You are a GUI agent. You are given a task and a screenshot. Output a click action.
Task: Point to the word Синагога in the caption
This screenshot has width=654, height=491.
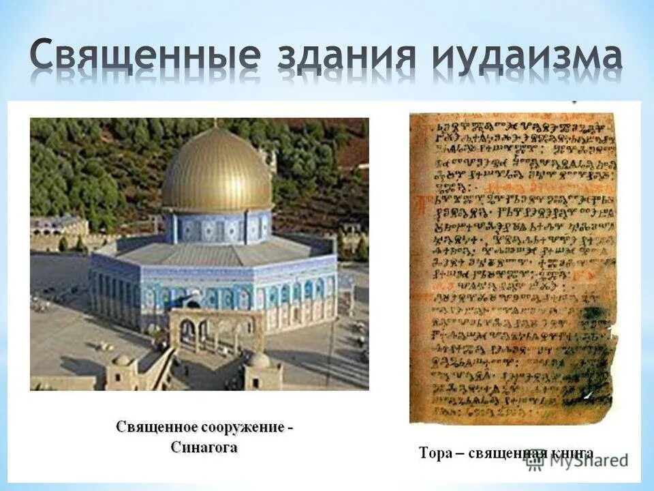coord(204,447)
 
